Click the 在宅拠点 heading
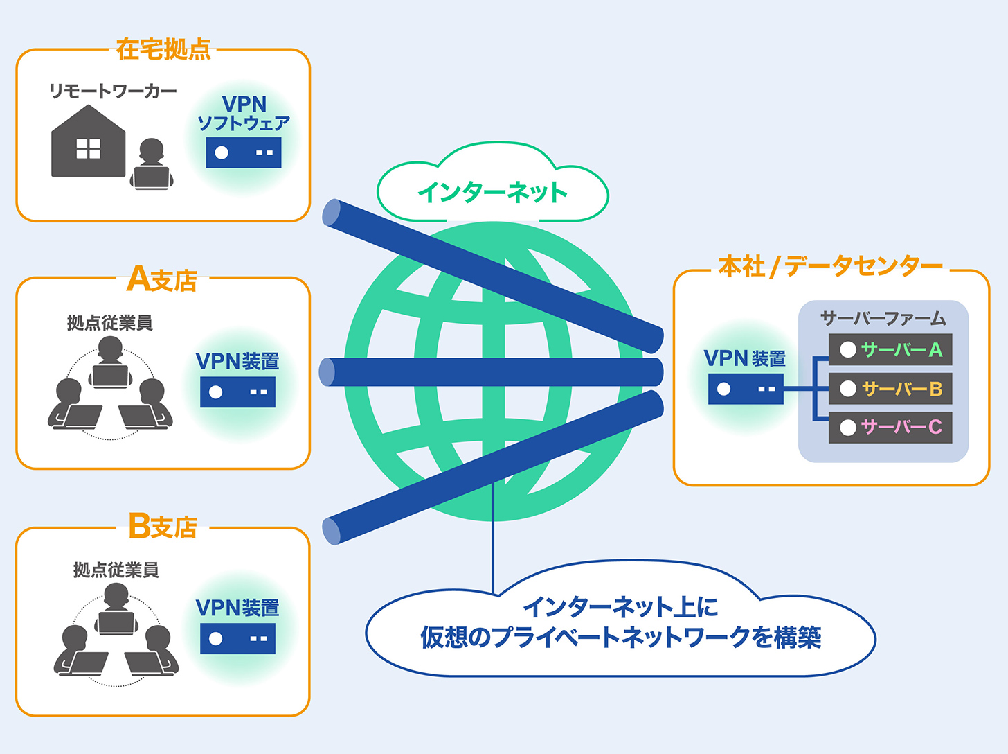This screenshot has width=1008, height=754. [163, 50]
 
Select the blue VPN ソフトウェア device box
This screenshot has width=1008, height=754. [244, 152]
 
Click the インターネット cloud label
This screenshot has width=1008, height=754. [492, 192]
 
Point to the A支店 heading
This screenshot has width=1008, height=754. [163, 279]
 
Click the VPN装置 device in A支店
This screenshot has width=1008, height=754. [237, 392]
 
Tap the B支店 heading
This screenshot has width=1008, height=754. [163, 527]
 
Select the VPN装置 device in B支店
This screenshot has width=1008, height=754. [237, 638]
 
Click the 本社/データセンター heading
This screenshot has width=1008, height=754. [830, 266]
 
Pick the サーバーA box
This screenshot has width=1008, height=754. [890, 349]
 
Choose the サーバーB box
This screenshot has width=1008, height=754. [890, 389]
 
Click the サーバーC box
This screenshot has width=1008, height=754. [890, 427]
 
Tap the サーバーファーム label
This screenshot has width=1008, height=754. [883, 318]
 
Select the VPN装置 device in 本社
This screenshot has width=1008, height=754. [746, 389]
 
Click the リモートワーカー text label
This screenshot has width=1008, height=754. [113, 91]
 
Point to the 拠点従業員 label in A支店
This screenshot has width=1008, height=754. [109, 322]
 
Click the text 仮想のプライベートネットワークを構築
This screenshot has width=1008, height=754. [620, 638]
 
